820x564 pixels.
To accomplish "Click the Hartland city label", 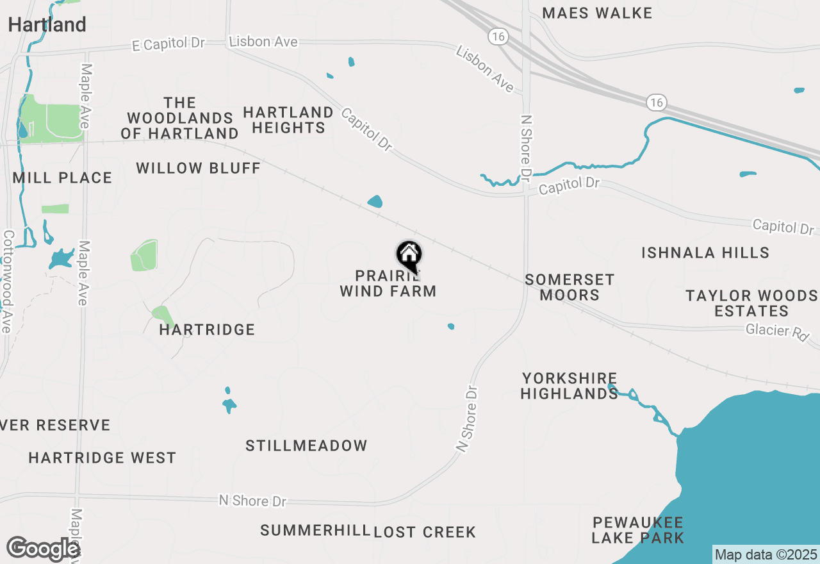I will click(47, 25).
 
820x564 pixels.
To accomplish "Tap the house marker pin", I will click(409, 256).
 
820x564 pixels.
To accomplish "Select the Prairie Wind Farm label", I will click(388, 284).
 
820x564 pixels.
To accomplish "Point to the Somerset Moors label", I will click(570, 287).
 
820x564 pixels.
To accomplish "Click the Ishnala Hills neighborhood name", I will click(705, 253).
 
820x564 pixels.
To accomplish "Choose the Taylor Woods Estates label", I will click(751, 303).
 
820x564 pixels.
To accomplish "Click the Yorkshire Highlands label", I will click(569, 386).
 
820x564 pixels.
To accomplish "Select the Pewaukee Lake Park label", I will click(637, 530).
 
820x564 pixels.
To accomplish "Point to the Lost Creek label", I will click(425, 532).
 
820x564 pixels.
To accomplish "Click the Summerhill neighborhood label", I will click(315, 530).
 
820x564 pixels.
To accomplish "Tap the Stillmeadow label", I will click(306, 445).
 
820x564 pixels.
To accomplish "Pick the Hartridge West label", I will click(102, 458).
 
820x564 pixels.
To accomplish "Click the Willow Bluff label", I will click(198, 169).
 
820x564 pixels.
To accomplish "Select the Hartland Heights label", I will click(288, 120).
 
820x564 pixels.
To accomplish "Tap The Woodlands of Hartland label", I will click(179, 118).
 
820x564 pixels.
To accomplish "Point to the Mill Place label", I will click(62, 178).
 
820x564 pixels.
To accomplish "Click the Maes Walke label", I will click(597, 13).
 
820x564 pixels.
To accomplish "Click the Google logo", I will click(42, 549).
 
